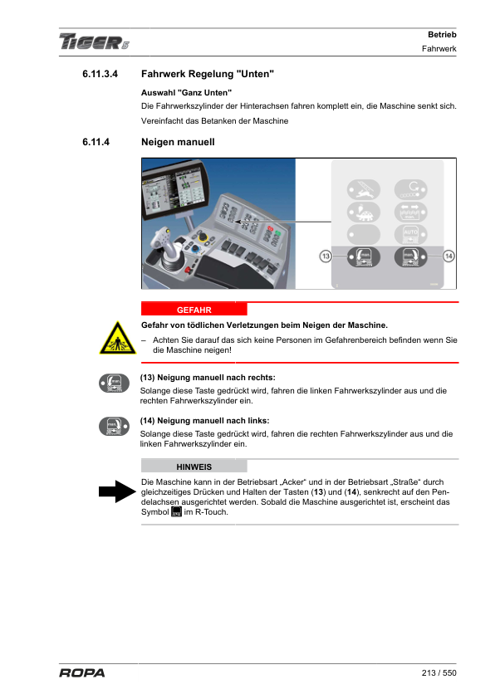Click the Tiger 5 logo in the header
[x=94, y=42]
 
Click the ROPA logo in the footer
[x=82, y=672]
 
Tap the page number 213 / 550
[x=439, y=672]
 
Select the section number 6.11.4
[x=96, y=142]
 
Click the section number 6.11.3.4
[x=100, y=74]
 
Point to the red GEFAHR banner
[x=194, y=310]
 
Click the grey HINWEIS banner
[x=194, y=467]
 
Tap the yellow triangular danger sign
[x=118, y=339]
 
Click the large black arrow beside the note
[x=117, y=491]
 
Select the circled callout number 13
[x=326, y=256]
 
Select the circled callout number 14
[x=448, y=256]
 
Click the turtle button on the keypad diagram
[x=364, y=212]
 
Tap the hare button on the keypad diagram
[x=364, y=189]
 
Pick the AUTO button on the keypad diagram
[x=411, y=234]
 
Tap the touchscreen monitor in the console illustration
[x=174, y=190]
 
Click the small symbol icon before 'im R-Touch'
[x=177, y=511]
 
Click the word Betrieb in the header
[x=442, y=35]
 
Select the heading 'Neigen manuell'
[x=178, y=142]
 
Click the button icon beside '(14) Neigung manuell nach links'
[x=114, y=427]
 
